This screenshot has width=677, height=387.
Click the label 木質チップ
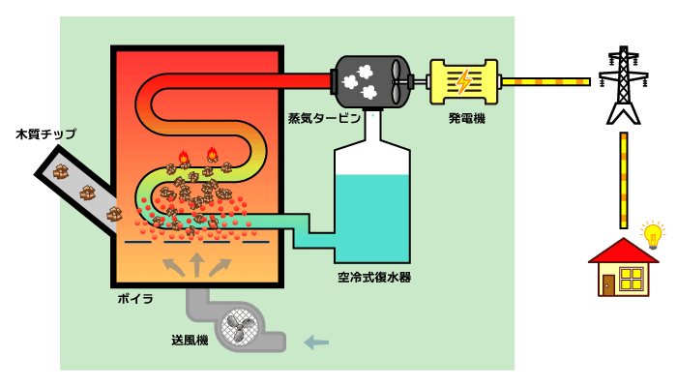(x=45, y=134)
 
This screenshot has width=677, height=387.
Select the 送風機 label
(x=190, y=340)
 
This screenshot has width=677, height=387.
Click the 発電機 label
(x=466, y=118)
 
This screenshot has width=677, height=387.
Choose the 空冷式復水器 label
(x=374, y=277)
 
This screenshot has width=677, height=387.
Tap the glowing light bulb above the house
(x=654, y=234)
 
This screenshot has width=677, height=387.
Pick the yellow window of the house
(x=633, y=280)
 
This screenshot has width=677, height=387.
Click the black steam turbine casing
(x=368, y=81)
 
